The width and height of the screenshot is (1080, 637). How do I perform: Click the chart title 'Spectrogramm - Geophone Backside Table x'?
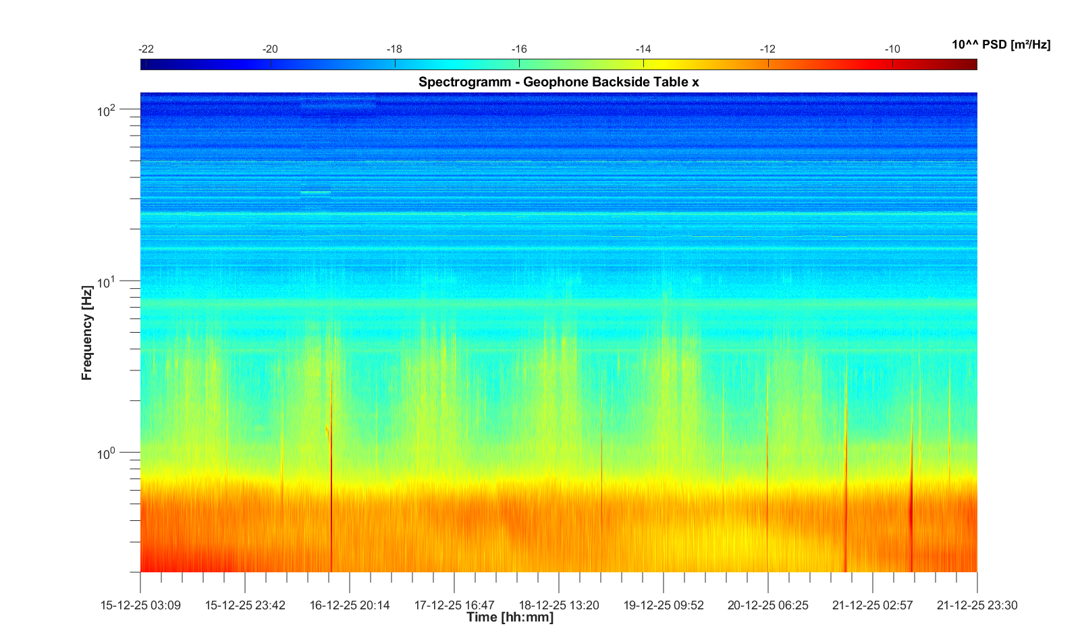click(558, 82)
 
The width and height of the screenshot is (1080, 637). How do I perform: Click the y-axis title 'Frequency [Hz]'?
click(86, 333)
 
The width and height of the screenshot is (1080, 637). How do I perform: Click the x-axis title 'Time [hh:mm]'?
click(510, 617)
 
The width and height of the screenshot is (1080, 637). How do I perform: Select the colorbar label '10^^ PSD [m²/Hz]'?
click(1001, 45)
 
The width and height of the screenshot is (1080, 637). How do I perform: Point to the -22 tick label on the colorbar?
click(146, 49)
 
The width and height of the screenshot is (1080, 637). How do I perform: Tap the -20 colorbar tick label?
click(270, 49)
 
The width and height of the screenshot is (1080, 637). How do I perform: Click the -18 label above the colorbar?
click(394, 49)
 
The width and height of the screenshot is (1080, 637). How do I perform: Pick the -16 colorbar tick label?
click(518, 49)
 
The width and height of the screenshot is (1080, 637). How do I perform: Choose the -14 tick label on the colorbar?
click(643, 49)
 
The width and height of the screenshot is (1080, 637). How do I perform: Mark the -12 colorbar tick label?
click(767, 49)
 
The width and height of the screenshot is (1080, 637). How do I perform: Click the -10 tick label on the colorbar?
click(892, 49)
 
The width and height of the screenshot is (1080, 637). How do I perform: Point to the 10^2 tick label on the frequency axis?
click(107, 110)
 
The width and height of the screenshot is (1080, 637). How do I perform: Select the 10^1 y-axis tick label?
click(107, 281)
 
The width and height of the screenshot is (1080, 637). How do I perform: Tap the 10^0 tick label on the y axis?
click(107, 453)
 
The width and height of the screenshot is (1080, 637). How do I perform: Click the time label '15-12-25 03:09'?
click(140, 605)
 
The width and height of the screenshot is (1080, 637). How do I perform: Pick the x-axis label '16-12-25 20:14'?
click(350, 605)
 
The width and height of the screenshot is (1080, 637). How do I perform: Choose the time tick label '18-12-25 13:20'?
click(559, 605)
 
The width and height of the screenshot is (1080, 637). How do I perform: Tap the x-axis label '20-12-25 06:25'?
click(767, 605)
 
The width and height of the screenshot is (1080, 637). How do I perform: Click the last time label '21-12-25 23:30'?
click(977, 605)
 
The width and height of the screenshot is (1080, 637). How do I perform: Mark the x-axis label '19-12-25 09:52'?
click(664, 605)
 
